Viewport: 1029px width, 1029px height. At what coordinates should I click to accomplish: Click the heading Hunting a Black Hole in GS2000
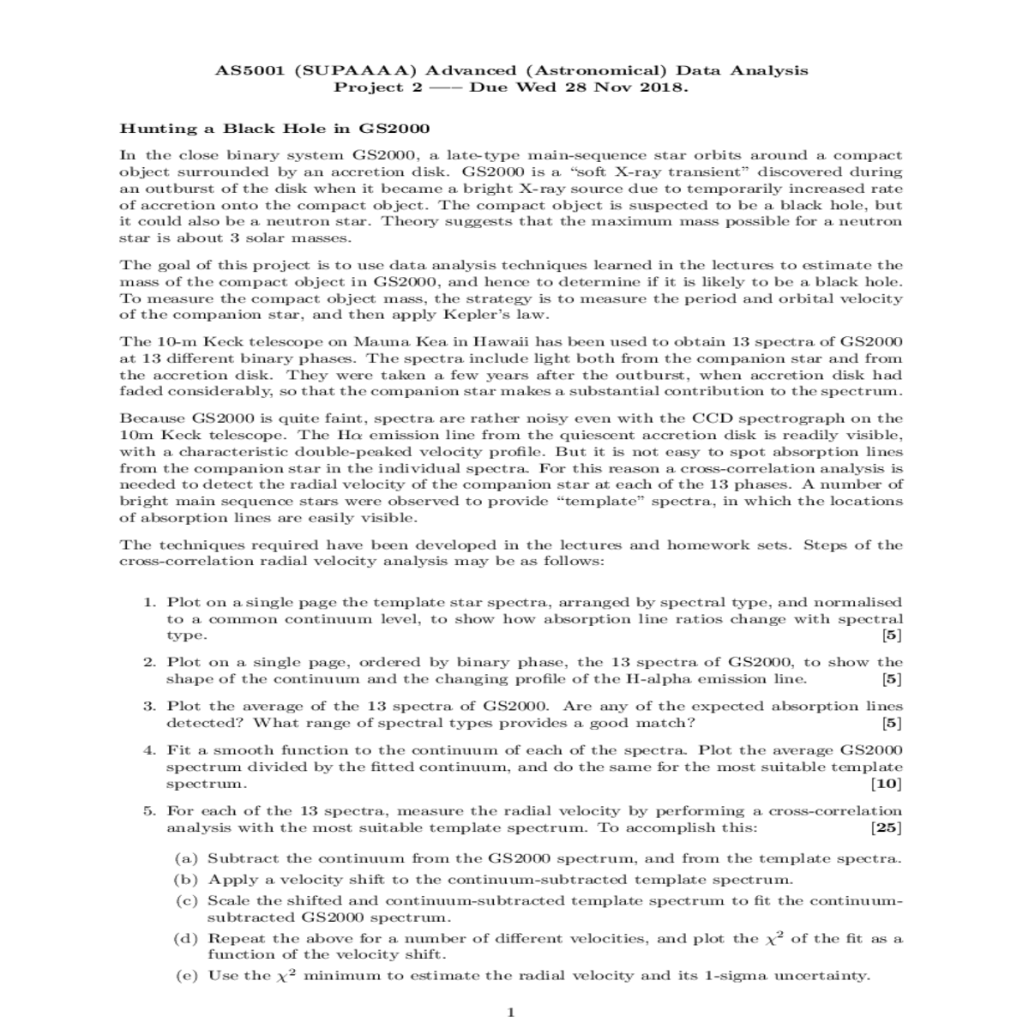(x=274, y=129)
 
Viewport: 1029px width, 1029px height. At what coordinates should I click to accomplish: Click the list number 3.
(x=148, y=707)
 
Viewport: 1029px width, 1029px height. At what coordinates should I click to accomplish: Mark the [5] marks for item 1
(x=892, y=636)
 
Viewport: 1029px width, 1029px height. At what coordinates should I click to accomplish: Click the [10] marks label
(x=888, y=784)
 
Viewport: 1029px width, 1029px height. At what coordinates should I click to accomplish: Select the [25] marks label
(x=888, y=828)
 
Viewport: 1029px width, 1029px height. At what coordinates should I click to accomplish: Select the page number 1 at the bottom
(x=511, y=1013)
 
